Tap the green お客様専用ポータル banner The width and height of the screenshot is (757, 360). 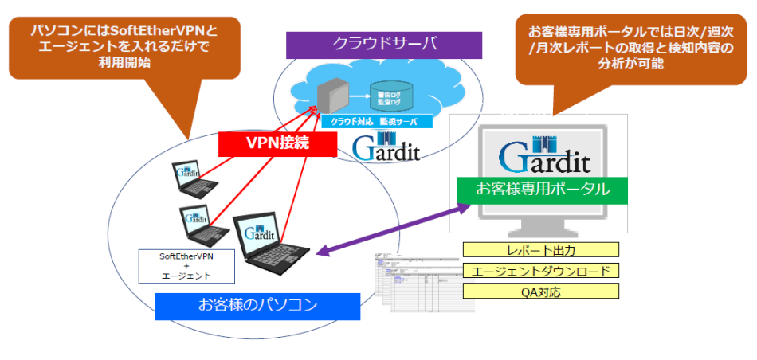coord(543,189)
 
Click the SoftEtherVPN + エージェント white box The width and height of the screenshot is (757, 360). coord(186,265)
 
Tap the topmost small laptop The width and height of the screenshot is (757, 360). coord(188,178)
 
